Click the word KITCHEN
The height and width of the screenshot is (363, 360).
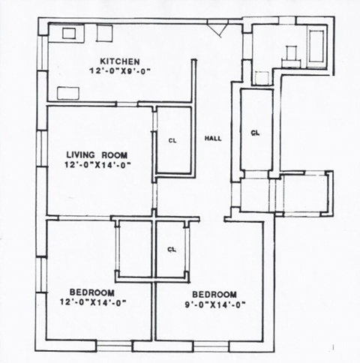[x=119, y=61]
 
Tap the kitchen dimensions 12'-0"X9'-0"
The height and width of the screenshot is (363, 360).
[x=119, y=71]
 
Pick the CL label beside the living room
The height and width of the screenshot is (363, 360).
[x=172, y=140]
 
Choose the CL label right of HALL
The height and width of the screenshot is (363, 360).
[x=255, y=133]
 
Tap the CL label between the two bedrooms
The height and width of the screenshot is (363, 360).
[x=172, y=249]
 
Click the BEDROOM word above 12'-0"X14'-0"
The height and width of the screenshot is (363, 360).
[x=92, y=292]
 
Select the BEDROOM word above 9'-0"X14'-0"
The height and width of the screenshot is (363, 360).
[x=214, y=294]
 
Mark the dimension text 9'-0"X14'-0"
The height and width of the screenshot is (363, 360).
[x=214, y=304]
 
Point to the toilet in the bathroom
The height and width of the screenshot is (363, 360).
[x=292, y=53]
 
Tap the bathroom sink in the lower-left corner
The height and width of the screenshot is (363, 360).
[x=262, y=77]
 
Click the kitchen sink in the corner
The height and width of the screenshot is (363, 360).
[x=68, y=34]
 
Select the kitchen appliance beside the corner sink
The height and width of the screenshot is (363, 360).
[x=104, y=34]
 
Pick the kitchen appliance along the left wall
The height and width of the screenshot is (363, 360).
[x=69, y=93]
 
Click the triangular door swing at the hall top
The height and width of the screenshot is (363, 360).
[x=217, y=28]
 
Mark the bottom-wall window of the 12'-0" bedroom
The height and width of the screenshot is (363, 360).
[x=115, y=345]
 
